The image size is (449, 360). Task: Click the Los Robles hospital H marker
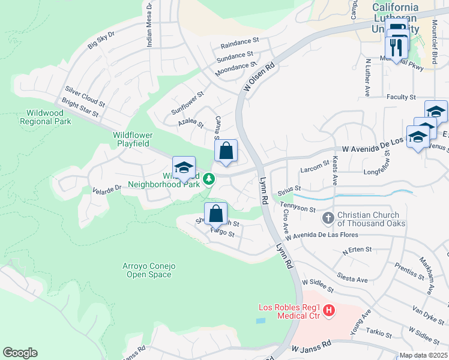[x=329, y=310]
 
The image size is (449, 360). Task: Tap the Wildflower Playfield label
[x=133, y=140]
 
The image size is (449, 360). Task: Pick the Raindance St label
[x=239, y=43]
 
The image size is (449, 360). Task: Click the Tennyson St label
[x=298, y=208]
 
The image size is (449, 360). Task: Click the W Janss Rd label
[x=312, y=347]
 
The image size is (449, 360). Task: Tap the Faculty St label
[x=402, y=97]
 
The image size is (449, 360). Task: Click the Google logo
[x=20, y=353]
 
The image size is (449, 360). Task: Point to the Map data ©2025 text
[x=423, y=355]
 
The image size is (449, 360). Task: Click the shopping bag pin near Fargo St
[x=216, y=213]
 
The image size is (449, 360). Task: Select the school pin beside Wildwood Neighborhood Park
[x=184, y=167]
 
